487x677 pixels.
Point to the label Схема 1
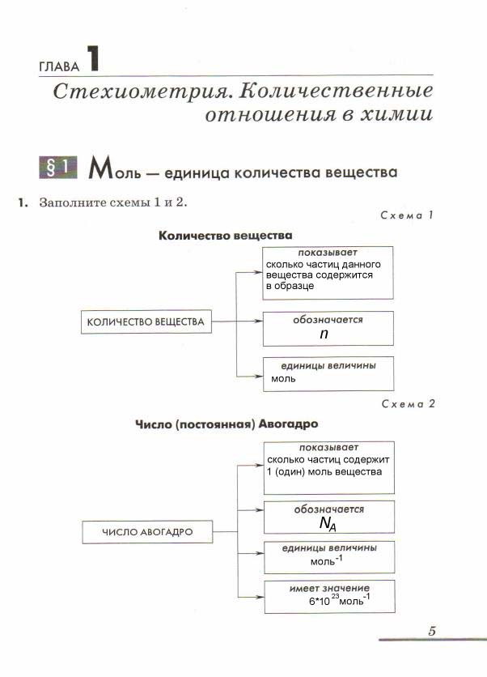pyautogui.click(x=407, y=216)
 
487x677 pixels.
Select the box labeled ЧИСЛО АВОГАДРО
pyautogui.click(x=146, y=532)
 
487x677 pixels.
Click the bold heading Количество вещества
pyautogui.click(x=225, y=236)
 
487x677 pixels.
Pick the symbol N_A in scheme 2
pyautogui.click(x=328, y=525)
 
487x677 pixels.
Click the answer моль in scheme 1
pyautogui.click(x=283, y=378)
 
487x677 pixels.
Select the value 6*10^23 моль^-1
pyautogui.click(x=340, y=602)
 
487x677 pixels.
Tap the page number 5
pyautogui.click(x=431, y=631)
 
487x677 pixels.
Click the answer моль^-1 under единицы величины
pyautogui.click(x=326, y=560)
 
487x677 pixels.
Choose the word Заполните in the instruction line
pyautogui.click(x=70, y=202)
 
